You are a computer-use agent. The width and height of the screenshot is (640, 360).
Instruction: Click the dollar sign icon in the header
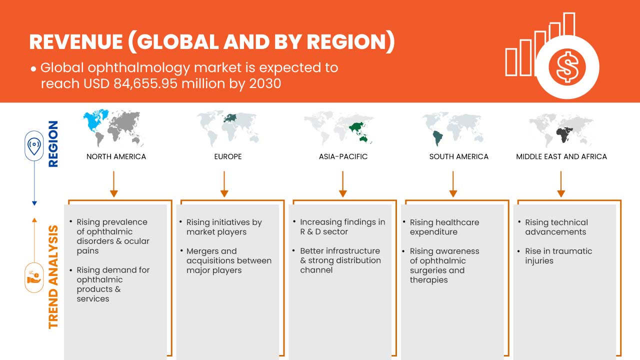[567, 67]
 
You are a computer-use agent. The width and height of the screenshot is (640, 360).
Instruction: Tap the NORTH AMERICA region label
[116, 156]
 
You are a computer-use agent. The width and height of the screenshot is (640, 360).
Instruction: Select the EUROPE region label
[228, 156]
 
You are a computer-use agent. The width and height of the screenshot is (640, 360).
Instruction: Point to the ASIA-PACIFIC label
[343, 156]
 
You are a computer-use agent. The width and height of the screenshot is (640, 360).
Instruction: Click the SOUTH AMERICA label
[459, 156]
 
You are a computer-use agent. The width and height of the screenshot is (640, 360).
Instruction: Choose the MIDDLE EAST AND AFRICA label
[561, 156]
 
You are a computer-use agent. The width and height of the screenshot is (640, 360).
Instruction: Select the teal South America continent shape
[437, 138]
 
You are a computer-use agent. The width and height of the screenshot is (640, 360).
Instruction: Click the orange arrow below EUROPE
[224, 184]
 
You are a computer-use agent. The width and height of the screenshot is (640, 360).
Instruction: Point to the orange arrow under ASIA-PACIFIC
[342, 184]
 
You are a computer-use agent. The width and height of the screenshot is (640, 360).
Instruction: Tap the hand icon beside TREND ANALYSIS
[33, 277]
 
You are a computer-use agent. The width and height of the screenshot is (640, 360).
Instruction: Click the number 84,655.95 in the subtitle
[145, 83]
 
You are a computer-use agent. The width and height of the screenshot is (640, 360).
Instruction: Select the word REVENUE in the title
[76, 42]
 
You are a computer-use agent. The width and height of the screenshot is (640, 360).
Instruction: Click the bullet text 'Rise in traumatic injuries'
[558, 255]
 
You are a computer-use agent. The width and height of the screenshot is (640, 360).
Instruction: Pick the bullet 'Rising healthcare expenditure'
[444, 227]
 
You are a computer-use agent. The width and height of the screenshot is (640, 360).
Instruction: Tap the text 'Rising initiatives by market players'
[224, 227]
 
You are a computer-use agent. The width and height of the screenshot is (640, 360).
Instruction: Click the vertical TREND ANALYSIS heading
[53, 277]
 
